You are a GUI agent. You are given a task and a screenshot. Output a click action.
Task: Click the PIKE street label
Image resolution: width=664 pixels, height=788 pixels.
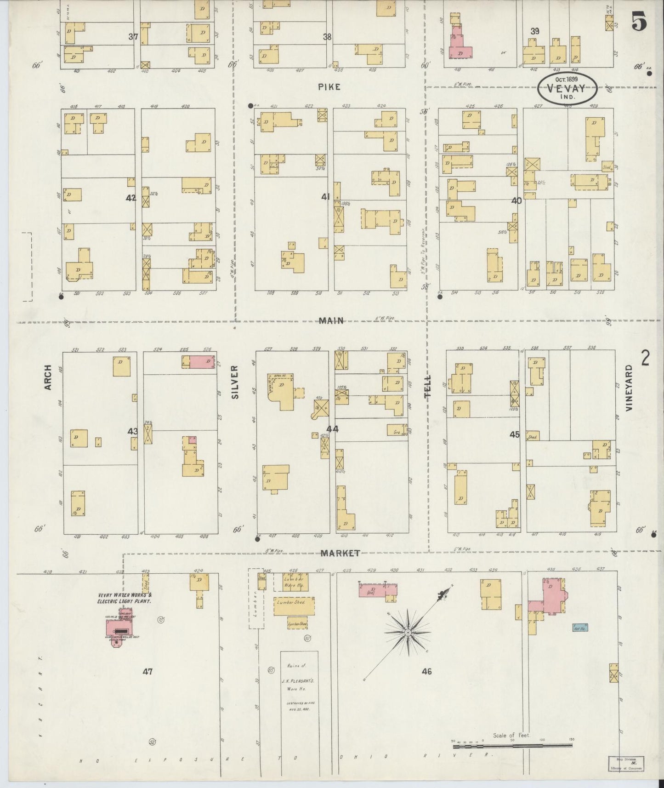329,86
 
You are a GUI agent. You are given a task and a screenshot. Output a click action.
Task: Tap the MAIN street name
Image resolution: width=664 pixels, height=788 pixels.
331,321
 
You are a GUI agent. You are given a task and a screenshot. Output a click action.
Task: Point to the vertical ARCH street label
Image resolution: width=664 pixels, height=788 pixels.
47,378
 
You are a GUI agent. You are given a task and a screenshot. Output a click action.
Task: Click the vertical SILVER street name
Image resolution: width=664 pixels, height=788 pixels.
235,381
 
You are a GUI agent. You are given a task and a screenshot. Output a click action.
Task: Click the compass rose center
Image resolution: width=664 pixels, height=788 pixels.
408,633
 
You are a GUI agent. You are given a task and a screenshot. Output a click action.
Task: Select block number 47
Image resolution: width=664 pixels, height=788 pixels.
147,671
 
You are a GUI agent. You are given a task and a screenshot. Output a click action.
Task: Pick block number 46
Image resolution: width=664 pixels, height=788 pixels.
427,671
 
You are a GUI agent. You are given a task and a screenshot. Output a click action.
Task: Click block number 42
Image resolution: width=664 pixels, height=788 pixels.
131,198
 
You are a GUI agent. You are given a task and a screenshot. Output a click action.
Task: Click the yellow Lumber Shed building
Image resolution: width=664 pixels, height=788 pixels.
294,607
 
